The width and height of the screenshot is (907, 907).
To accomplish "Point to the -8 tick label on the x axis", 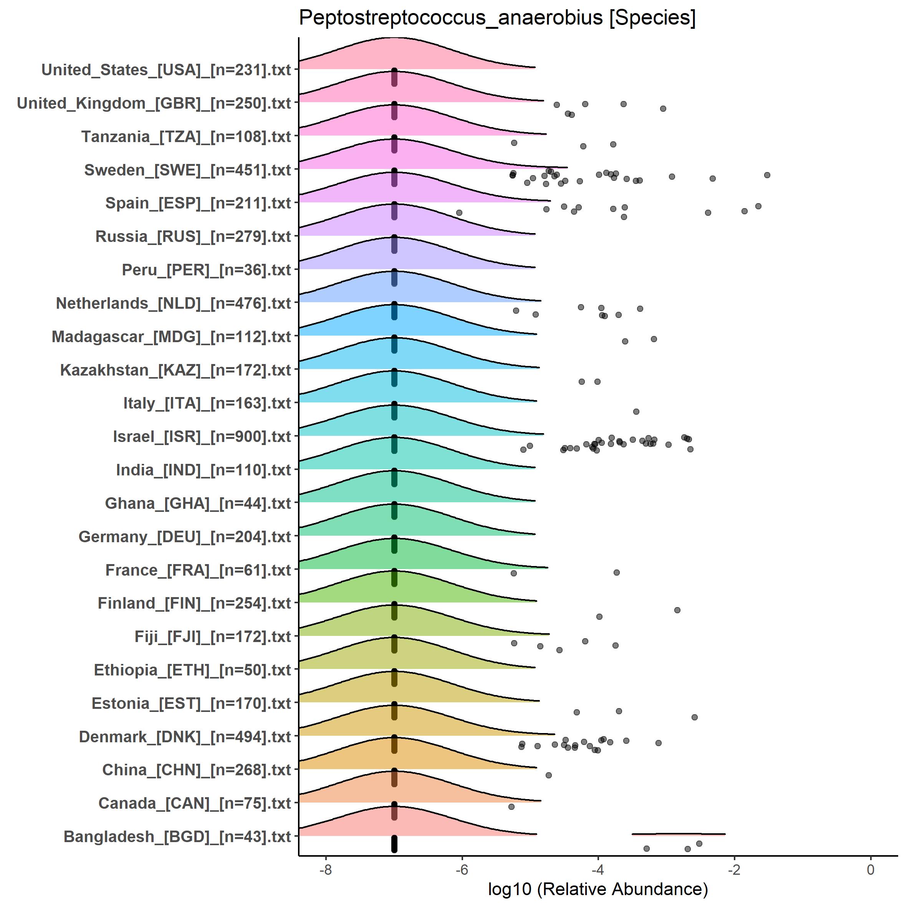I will point(325,869).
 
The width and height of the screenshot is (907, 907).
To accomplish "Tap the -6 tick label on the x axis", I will point(462,869).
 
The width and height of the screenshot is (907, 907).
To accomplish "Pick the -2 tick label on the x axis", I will point(734,869).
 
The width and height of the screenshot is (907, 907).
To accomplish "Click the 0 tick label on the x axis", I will point(871,869).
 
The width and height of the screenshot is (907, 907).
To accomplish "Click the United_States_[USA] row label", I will point(166,70).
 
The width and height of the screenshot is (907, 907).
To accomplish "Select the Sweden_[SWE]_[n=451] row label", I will point(188,170).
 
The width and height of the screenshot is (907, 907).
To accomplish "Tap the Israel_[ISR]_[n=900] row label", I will point(202,437).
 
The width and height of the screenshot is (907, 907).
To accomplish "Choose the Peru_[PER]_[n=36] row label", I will point(207,270).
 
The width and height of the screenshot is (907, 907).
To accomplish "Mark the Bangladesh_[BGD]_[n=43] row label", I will point(177,837).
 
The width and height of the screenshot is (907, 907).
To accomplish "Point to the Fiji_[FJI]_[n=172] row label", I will point(213,637).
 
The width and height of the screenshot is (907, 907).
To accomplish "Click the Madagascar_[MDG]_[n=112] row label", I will point(171,337).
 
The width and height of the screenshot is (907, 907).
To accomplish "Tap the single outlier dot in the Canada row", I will point(511,806).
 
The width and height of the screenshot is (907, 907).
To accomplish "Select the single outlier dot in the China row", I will point(548,775).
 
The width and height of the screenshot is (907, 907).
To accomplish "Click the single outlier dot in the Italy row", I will point(636,412).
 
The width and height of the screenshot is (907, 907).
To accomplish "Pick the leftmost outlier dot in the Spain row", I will point(459,213).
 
